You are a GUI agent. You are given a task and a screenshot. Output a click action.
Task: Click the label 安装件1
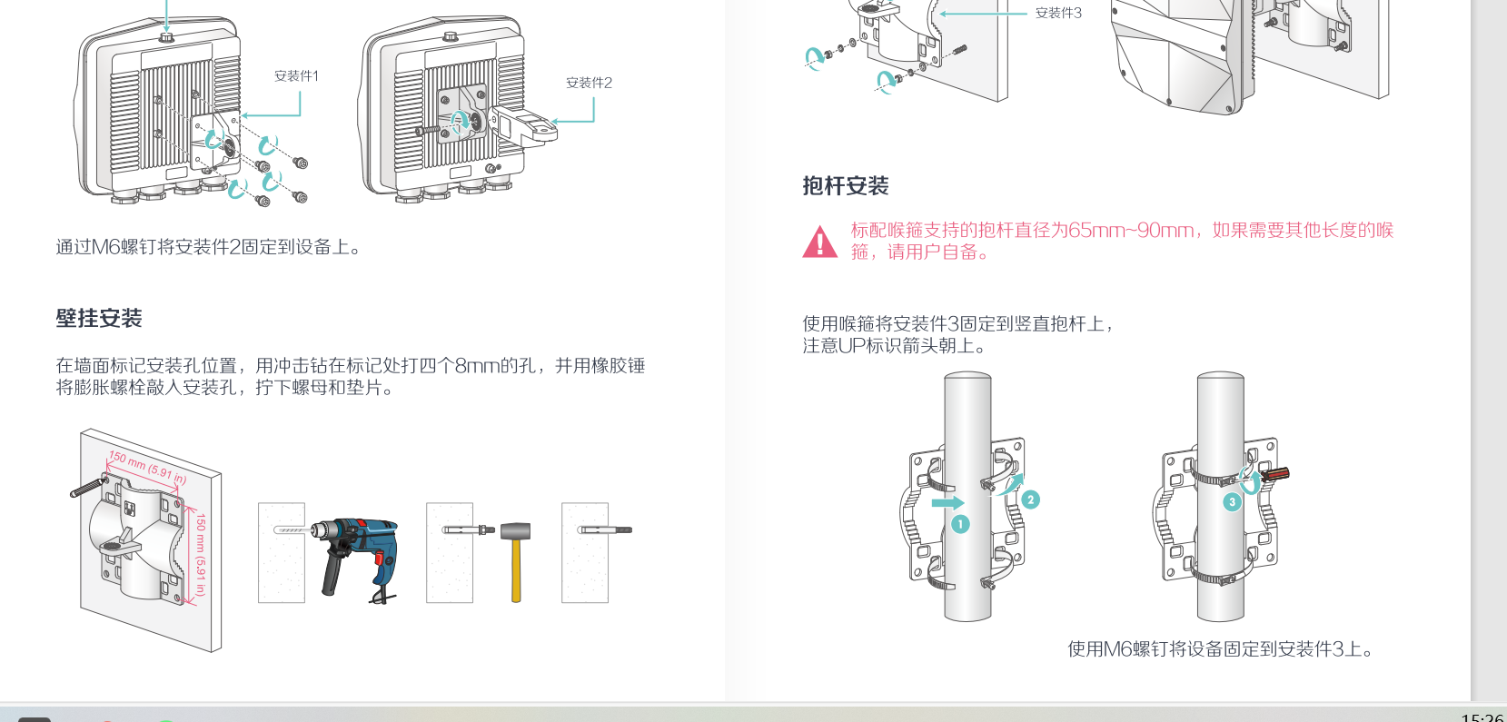tap(296, 76)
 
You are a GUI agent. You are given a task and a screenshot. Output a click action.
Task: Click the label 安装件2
tap(589, 83)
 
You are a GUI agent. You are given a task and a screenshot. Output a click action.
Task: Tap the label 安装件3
tap(1058, 13)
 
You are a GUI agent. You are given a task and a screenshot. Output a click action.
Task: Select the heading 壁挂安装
tap(99, 319)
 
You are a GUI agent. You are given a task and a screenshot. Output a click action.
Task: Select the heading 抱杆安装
tap(845, 186)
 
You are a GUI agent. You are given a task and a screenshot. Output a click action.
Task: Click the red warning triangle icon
tap(819, 242)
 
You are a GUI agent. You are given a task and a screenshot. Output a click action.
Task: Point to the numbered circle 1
tap(960, 524)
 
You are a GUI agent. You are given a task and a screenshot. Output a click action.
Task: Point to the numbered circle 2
tap(1030, 499)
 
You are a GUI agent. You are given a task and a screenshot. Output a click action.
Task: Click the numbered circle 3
tap(1232, 501)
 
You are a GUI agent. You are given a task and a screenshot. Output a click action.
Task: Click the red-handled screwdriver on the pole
tap(1274, 473)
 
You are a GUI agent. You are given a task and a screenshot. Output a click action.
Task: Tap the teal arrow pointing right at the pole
tap(947, 502)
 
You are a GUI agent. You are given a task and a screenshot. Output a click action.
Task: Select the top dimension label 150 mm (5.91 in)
tap(147, 467)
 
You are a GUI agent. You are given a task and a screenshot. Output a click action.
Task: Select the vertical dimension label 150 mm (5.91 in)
tap(201, 554)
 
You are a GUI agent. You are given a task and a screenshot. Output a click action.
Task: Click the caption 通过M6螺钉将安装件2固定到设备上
tap(208, 247)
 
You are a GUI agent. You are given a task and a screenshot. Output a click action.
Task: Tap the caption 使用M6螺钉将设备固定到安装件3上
tap(1220, 649)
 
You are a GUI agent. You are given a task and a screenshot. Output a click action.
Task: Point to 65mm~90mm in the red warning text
tap(1130, 231)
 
